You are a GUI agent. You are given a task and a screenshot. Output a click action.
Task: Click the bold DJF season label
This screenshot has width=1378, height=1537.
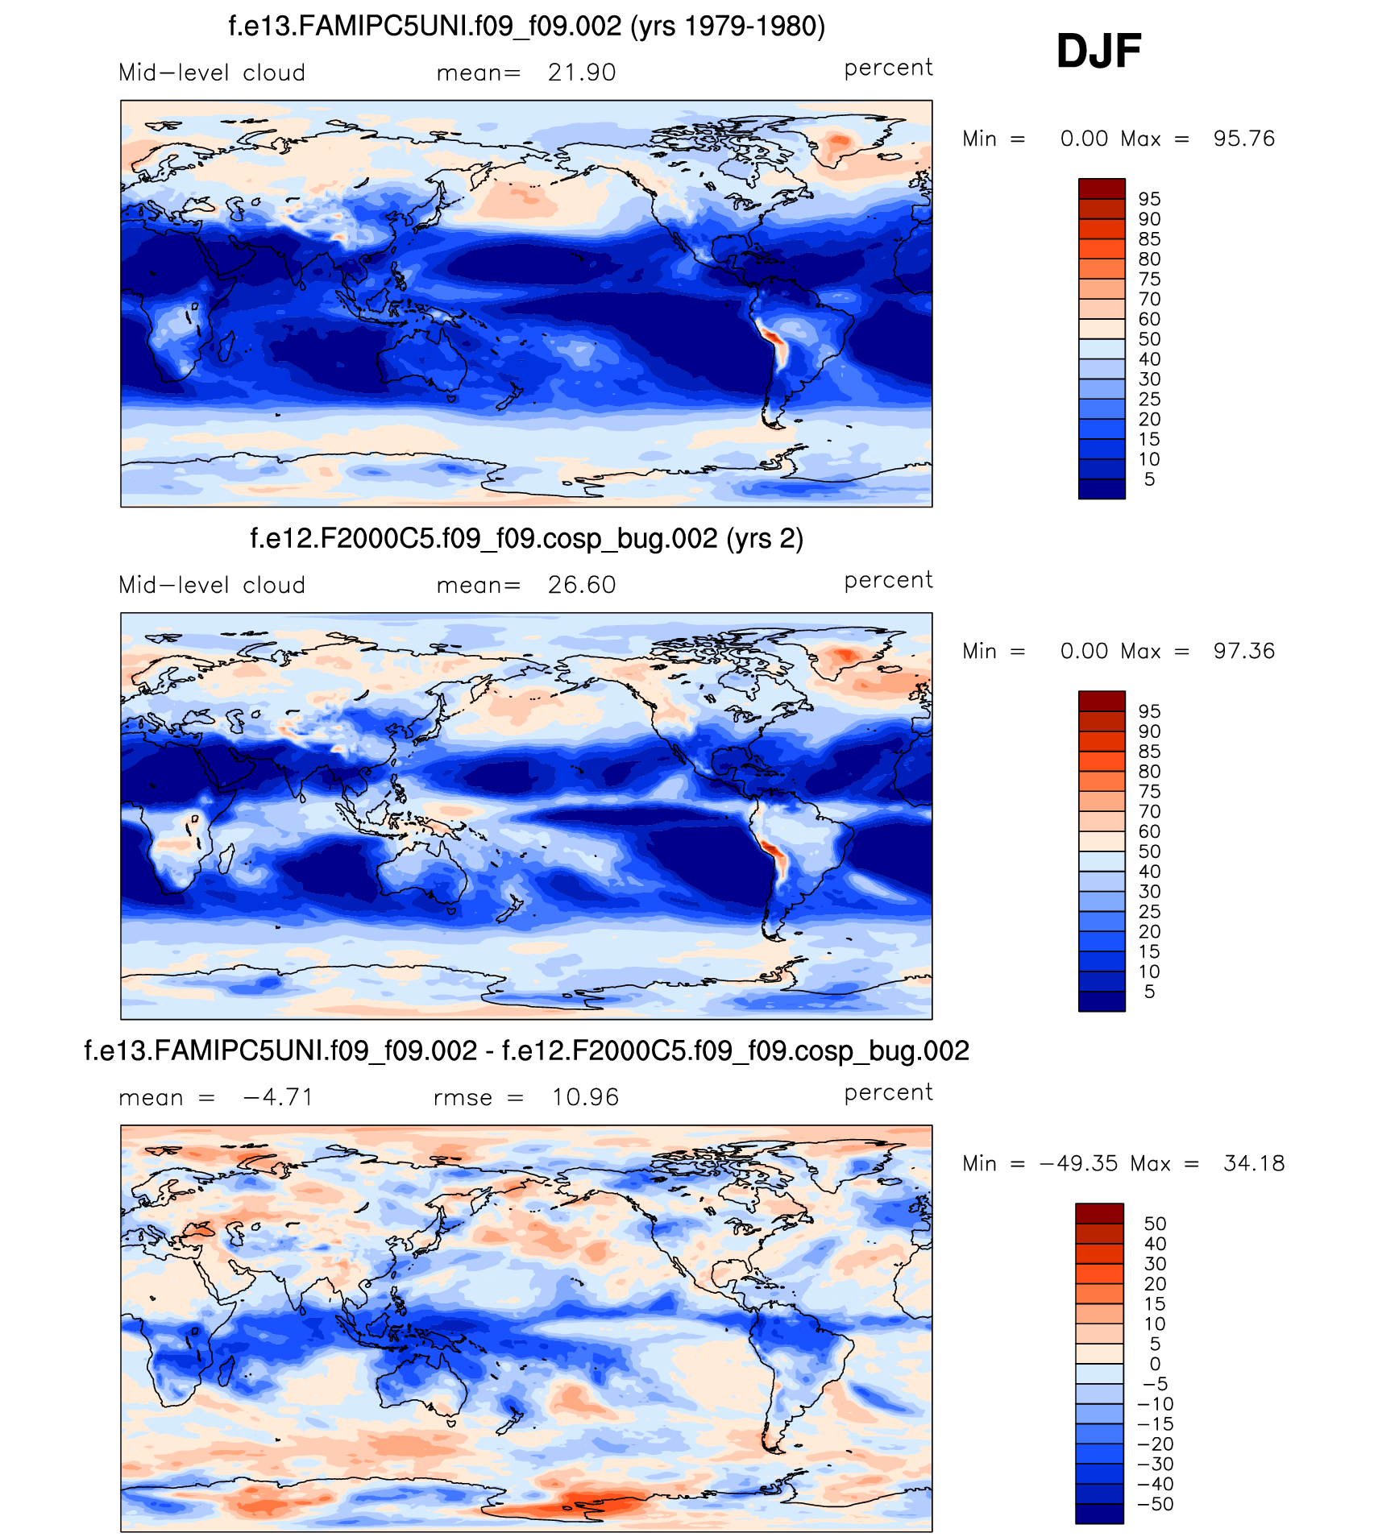[x=1098, y=52]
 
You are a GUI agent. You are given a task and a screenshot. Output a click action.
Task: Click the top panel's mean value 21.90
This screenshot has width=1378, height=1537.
[x=582, y=72]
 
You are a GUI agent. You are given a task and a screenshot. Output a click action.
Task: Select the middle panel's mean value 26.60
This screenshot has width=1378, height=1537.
[x=582, y=585]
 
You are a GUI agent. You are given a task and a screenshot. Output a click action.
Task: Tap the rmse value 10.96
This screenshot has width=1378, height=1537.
[x=585, y=1097]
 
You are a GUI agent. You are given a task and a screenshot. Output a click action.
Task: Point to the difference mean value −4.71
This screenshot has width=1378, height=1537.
[x=277, y=1097]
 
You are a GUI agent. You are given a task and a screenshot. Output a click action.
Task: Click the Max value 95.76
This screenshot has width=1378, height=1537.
[x=1244, y=139]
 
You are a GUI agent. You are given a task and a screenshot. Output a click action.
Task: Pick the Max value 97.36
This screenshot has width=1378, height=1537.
[x=1244, y=651]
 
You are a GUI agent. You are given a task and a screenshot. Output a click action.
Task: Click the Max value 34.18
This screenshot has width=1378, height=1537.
[x=1254, y=1163]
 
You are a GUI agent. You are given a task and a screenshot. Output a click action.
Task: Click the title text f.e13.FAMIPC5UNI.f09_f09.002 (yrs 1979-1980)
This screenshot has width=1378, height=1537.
[x=527, y=27]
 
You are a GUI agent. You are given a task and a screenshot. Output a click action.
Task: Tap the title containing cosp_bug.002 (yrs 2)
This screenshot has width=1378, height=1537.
[x=527, y=538]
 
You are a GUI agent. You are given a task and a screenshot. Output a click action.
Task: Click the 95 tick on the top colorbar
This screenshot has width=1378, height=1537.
[x=1149, y=199]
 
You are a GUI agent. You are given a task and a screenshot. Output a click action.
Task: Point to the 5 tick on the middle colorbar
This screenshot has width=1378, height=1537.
[x=1149, y=992]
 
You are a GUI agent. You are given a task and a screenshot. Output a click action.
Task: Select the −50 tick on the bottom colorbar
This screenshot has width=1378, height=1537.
[x=1155, y=1504]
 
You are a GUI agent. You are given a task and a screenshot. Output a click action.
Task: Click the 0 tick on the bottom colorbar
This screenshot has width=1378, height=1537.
[x=1155, y=1364]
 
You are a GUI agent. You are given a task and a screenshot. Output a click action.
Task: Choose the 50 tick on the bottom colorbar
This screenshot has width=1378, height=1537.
[x=1155, y=1224]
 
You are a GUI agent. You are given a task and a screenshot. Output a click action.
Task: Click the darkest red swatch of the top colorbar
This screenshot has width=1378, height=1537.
[x=1102, y=188]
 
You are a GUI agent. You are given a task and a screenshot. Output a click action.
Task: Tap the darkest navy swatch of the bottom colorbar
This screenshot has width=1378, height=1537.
[x=1099, y=1514]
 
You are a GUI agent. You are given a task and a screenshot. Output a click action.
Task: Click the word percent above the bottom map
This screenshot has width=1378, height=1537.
[x=888, y=1093]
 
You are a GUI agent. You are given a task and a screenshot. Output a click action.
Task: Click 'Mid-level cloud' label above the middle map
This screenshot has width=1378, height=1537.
[x=212, y=585]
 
